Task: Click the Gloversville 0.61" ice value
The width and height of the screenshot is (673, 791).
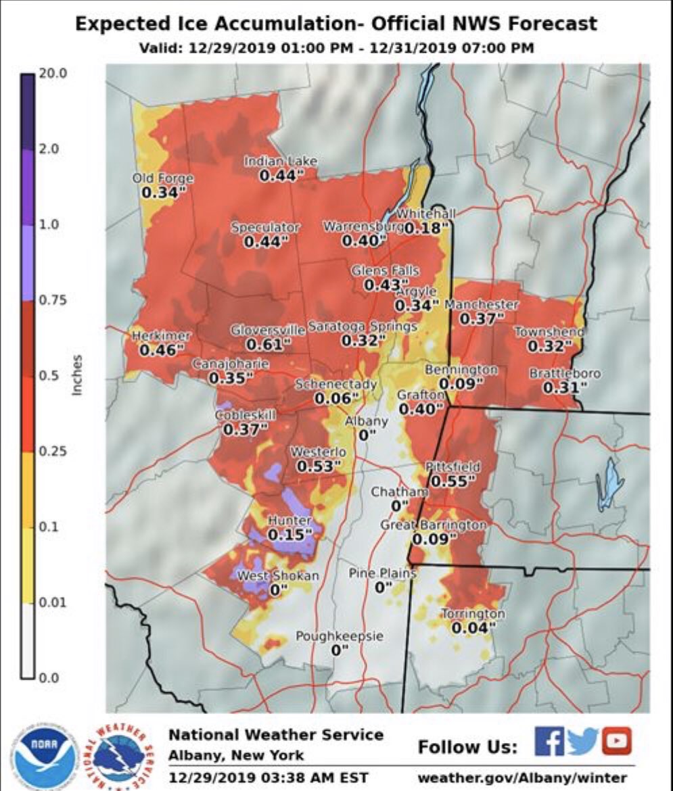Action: pos(268,344)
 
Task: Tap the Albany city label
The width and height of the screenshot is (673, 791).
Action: pos(367,421)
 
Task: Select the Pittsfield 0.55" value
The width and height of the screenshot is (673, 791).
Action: pos(452,481)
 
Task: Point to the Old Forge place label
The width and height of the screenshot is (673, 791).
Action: pos(163,178)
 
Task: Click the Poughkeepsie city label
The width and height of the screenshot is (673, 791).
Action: pos(340,636)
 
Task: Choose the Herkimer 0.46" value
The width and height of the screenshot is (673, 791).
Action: pos(162,350)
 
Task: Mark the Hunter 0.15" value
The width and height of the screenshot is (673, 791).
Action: pos(290,535)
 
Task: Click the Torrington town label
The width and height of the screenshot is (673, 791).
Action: pos(473,614)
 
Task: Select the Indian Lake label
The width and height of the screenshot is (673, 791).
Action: pos(280,161)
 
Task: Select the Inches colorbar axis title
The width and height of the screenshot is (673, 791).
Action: pos(78,375)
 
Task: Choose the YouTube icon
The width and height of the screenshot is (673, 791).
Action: pos(616,740)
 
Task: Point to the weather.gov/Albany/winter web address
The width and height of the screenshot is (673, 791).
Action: pos(522,777)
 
